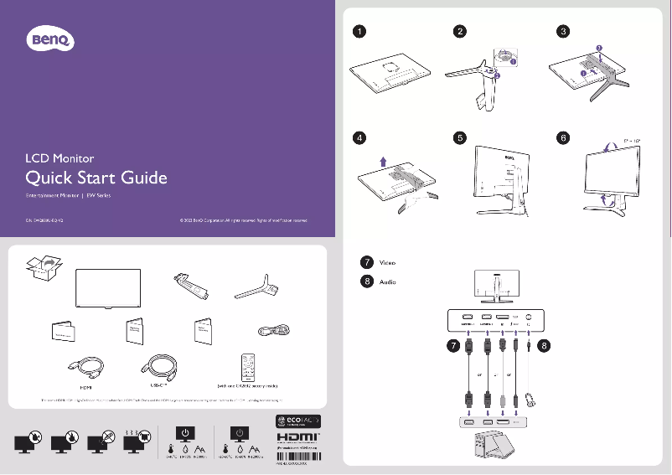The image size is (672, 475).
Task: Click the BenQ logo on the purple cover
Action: pyautogui.click(x=52, y=39)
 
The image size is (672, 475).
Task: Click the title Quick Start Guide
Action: pyautogui.click(x=96, y=178)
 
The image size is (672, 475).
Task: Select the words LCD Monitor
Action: pyautogui.click(x=59, y=157)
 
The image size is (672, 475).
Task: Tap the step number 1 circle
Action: pyautogui.click(x=359, y=32)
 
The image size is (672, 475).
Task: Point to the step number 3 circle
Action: pyautogui.click(x=563, y=32)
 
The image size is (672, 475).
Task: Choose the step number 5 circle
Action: pyautogui.click(x=460, y=137)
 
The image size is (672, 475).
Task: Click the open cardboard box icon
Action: pyautogui.click(x=42, y=267)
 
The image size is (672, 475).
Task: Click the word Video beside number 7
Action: pyautogui.click(x=388, y=262)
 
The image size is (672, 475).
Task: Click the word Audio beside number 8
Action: pyautogui.click(x=388, y=281)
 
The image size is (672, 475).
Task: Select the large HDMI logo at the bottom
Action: pyautogui.click(x=299, y=437)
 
